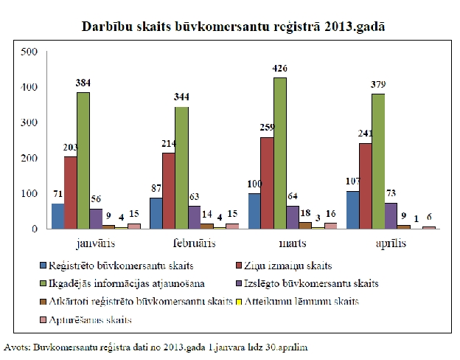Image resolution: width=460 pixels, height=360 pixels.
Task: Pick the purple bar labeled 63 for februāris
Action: pyautogui.click(x=194, y=217)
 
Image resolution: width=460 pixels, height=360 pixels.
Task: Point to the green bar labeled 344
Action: pyautogui.click(x=181, y=167)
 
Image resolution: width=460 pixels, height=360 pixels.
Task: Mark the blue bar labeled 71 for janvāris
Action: pyautogui.click(x=57, y=215)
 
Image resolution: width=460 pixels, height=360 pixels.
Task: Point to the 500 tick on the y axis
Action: pyautogui.click(x=28, y=52)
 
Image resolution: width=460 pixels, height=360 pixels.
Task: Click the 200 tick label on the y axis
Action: pyautogui.click(x=28, y=158)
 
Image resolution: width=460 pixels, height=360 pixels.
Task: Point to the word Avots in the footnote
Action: pyautogui.click(x=17, y=345)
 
